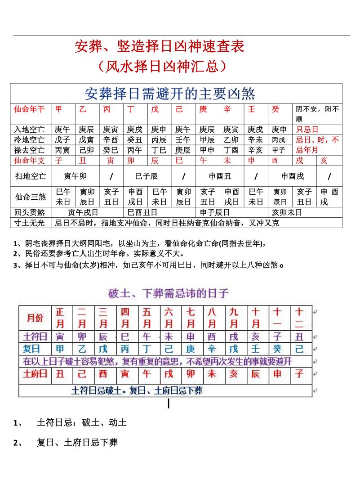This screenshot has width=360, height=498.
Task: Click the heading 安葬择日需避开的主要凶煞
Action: pyautogui.click(x=170, y=94)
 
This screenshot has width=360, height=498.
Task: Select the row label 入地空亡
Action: pyautogui.click(x=29, y=130)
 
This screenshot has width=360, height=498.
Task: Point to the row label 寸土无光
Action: pyautogui.click(x=29, y=223)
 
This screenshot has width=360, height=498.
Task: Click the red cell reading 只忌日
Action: pyautogui.click(x=307, y=130)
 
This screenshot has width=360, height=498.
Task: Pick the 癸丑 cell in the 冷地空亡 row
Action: pyautogui.click(x=135, y=140)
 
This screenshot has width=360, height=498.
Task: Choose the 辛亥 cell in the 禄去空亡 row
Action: pyautogui.click(x=255, y=150)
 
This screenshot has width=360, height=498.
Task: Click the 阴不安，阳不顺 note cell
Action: pyautogui.click(x=317, y=114)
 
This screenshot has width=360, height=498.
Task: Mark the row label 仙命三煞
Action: pyautogui.click(x=29, y=197)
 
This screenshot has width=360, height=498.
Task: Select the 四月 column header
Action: pyautogui.click(x=125, y=318)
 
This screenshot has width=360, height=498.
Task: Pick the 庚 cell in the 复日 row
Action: pyautogui.click(x=191, y=349)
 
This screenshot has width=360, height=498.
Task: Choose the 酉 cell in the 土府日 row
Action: pyautogui.click(x=103, y=373)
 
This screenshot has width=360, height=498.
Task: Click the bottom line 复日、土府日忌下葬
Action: pyautogui.click(x=77, y=443)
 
